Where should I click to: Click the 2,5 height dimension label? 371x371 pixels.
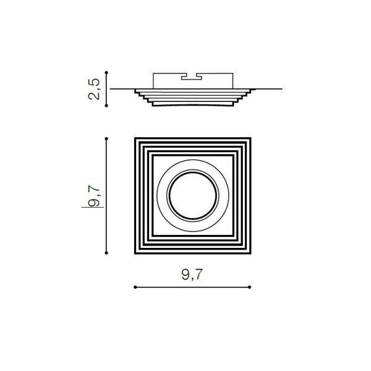[x=94, y=89]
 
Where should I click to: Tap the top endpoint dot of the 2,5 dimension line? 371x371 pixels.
[x=106, y=72]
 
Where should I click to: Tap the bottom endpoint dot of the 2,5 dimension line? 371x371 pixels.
[x=106, y=106]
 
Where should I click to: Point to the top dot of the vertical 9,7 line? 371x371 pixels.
[x=106, y=139]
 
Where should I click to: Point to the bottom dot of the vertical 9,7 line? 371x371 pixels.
[x=106, y=253]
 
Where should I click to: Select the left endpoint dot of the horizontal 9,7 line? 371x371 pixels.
[x=135, y=287]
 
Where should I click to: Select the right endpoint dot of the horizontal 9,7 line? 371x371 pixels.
[x=250, y=287]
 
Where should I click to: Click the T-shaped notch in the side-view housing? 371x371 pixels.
[x=192, y=77]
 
